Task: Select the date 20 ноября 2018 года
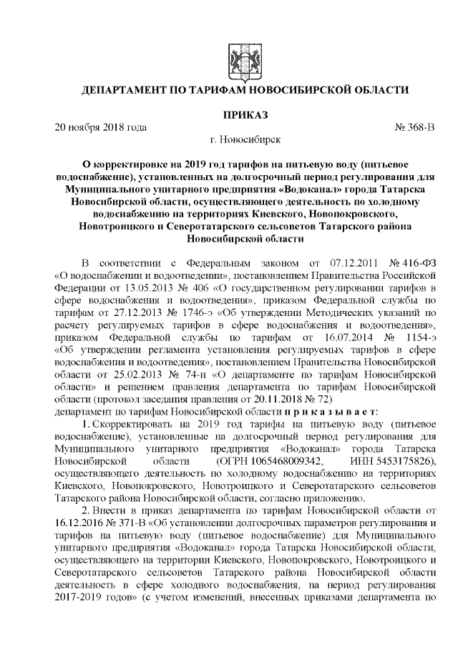[101, 127]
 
